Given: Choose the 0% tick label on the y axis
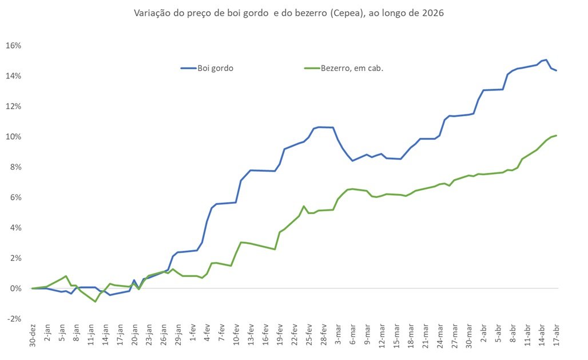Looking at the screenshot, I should click(x=15, y=288).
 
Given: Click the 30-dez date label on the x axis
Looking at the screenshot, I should click(x=33, y=338).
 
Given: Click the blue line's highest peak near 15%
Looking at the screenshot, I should click(x=546, y=60).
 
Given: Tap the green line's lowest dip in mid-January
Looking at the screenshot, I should click(x=96, y=302).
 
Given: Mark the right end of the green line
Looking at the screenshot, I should click(x=557, y=136).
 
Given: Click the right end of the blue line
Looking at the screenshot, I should click(x=557, y=70).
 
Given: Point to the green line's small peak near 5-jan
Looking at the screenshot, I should click(x=66, y=276).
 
